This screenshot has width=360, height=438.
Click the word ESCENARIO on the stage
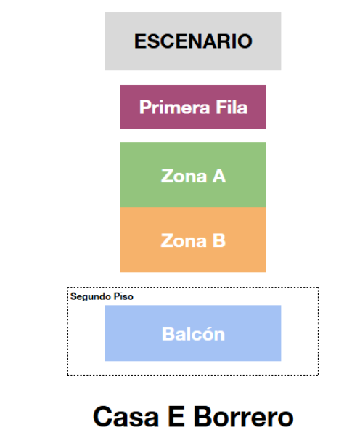[193, 41]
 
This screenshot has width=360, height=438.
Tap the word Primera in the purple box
[174, 108]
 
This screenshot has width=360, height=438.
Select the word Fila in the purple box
[232, 107]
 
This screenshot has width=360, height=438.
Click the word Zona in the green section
[184, 177]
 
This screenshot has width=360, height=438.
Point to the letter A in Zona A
[219, 176]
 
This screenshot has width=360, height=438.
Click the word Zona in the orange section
[184, 240]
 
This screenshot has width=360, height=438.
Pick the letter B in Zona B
[219, 240]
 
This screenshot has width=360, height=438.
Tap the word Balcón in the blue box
[193, 333]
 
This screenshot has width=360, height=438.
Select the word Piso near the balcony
[123, 296]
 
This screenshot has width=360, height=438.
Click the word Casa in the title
[126, 416]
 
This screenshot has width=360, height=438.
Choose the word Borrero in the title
[244, 416]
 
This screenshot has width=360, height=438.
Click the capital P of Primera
[145, 107]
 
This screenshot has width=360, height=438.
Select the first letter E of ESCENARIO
[141, 41]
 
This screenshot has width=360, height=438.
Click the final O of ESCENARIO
[245, 41]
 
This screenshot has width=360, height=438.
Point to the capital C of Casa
[102, 416]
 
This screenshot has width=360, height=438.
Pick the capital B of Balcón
[168, 333]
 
